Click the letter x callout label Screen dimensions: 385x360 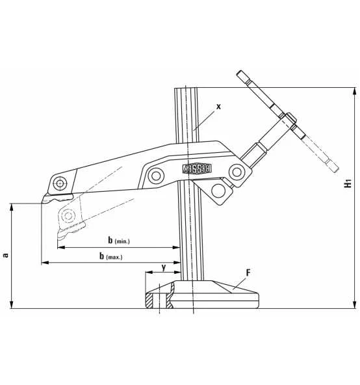click(x=218, y=105)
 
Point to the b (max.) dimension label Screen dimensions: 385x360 click(x=110, y=256)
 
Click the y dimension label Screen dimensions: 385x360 click(x=163, y=267)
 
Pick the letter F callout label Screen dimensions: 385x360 click(x=247, y=270)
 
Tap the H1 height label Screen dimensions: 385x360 click(x=349, y=184)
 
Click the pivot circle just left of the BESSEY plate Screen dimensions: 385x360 click(x=156, y=174)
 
